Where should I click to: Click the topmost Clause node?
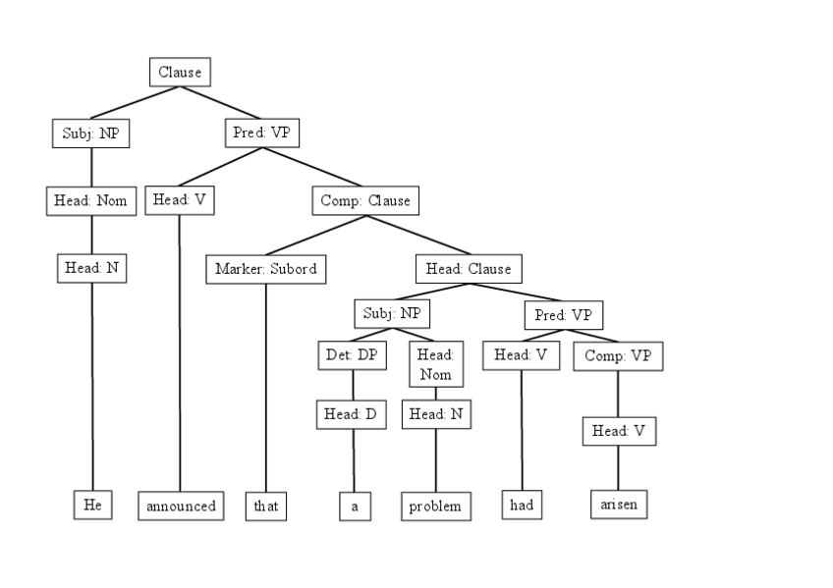click(x=180, y=73)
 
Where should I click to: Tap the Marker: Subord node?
click(x=265, y=269)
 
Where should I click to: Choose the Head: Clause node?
click(x=469, y=269)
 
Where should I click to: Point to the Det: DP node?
click(x=351, y=354)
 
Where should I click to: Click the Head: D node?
click(x=351, y=414)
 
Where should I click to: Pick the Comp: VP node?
click(x=618, y=355)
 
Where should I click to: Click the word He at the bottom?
click(x=92, y=505)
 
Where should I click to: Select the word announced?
click(x=181, y=507)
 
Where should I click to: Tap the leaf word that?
click(x=266, y=507)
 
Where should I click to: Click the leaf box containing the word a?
click(x=355, y=507)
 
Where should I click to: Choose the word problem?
click(x=436, y=507)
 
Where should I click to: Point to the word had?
click(x=521, y=506)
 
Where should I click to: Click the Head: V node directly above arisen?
click(x=618, y=431)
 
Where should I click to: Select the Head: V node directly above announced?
click(x=180, y=200)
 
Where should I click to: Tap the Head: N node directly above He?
click(x=91, y=267)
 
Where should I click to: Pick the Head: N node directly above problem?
click(x=436, y=414)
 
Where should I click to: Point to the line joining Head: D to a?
click(x=353, y=461)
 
